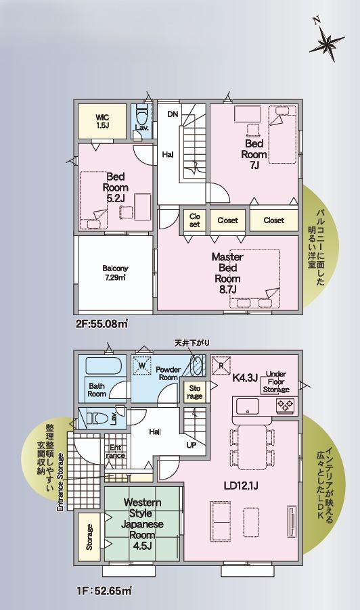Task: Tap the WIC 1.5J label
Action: pyautogui.click(x=103, y=121)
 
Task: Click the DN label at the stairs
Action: pyautogui.click(x=173, y=114)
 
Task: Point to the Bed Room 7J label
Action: pyautogui.click(x=254, y=154)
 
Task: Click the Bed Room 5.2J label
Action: pyautogui.click(x=116, y=187)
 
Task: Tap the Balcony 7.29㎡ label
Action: pyautogui.click(x=115, y=273)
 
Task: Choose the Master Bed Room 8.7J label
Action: pyautogui.click(x=227, y=273)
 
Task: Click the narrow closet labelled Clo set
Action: pyautogui.click(x=195, y=220)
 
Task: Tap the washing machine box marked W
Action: pyautogui.click(x=141, y=366)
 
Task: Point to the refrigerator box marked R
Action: pyautogui.click(x=220, y=366)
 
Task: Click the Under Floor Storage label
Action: pyautogui.click(x=276, y=381)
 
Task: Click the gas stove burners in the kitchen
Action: pyautogui.click(x=286, y=406)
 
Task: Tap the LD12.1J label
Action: pyautogui.click(x=242, y=486)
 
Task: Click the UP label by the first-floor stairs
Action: pyautogui.click(x=191, y=445)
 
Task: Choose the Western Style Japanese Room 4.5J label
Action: pyautogui.click(x=142, y=524)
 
